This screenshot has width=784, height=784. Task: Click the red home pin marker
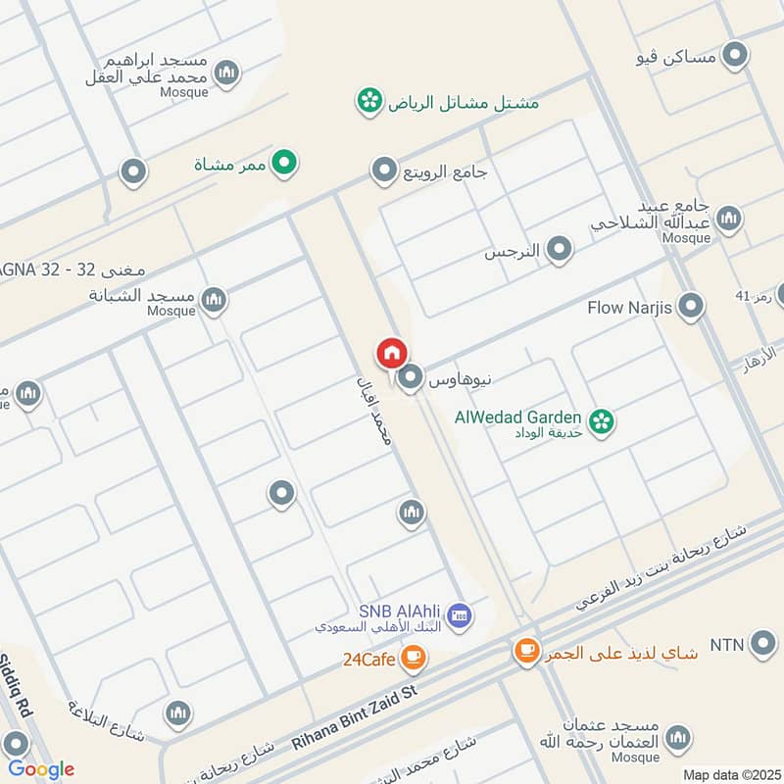391,353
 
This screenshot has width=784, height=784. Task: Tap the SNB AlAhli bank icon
459,616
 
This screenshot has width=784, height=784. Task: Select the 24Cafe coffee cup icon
413,658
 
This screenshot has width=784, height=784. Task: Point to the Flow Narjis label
629,308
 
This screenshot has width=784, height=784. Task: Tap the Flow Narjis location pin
691,308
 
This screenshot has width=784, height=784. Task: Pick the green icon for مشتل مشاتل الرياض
369,101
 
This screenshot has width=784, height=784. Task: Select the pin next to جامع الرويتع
384,172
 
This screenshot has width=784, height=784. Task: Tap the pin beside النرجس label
559,250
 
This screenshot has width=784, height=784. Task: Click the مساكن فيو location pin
734,56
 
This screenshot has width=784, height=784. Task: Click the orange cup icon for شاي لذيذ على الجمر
526,650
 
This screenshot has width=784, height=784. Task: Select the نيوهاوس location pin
412,376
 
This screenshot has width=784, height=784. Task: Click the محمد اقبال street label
373,408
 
